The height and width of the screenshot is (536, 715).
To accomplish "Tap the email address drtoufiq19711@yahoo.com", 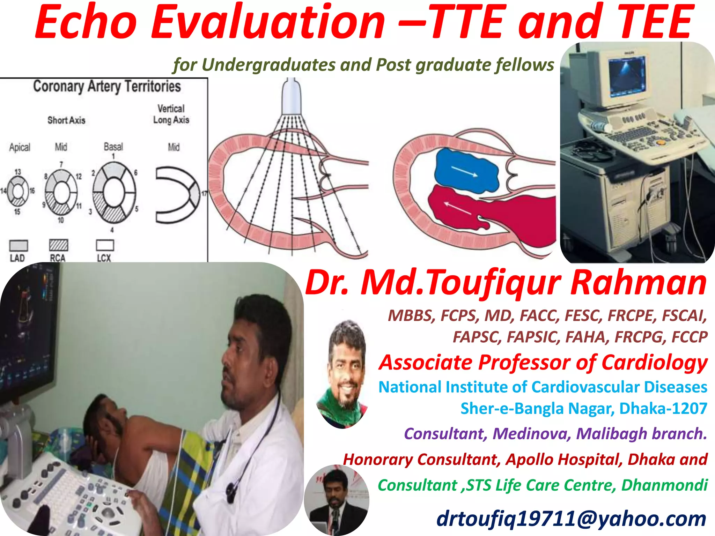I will (x=571, y=518).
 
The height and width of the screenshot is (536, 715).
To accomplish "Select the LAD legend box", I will (x=19, y=245).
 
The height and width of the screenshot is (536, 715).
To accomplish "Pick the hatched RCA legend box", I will (x=58, y=245).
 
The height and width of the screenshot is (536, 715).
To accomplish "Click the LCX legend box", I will (x=105, y=245).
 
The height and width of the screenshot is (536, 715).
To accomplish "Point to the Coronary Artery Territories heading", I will (x=107, y=86).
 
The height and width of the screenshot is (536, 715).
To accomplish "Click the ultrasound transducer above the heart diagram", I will (x=291, y=98).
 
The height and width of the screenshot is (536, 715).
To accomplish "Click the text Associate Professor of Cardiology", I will (x=543, y=362).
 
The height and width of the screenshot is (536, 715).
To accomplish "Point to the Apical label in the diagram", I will (x=20, y=147).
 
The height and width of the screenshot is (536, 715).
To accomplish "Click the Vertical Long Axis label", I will (x=171, y=114).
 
